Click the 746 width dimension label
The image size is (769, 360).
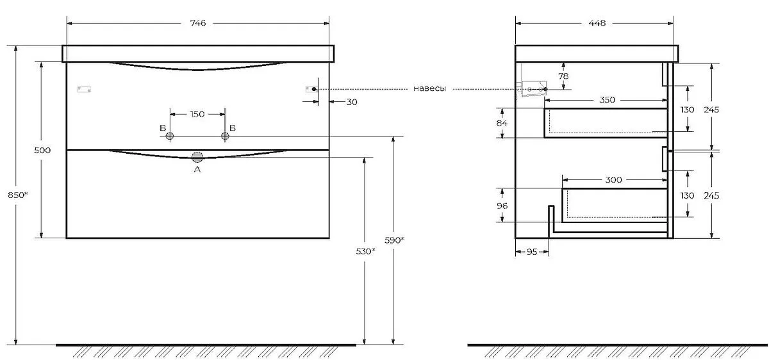pyautogui.click(x=197, y=24)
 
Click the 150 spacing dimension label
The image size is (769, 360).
pyautogui.click(x=197, y=115)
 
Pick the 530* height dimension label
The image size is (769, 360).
pyautogui.click(x=365, y=252)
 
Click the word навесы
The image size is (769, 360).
pyautogui.click(x=429, y=89)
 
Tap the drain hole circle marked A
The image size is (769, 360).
pyautogui.click(x=197, y=157)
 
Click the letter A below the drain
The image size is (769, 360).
pyautogui.click(x=197, y=170)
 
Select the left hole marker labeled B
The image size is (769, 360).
pyautogui.click(x=170, y=136)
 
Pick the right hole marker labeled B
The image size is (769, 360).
pyautogui.click(x=224, y=136)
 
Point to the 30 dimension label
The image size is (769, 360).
pyautogui.click(x=352, y=102)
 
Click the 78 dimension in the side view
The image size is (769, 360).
pyautogui.click(x=563, y=76)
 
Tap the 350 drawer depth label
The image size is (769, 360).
pyautogui.click(x=607, y=100)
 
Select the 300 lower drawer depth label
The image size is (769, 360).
pyautogui.click(x=613, y=180)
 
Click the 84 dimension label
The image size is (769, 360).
pyautogui.click(x=502, y=123)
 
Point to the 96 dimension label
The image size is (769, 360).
pyautogui.click(x=502, y=206)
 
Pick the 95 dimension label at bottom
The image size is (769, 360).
pyautogui.click(x=531, y=252)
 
